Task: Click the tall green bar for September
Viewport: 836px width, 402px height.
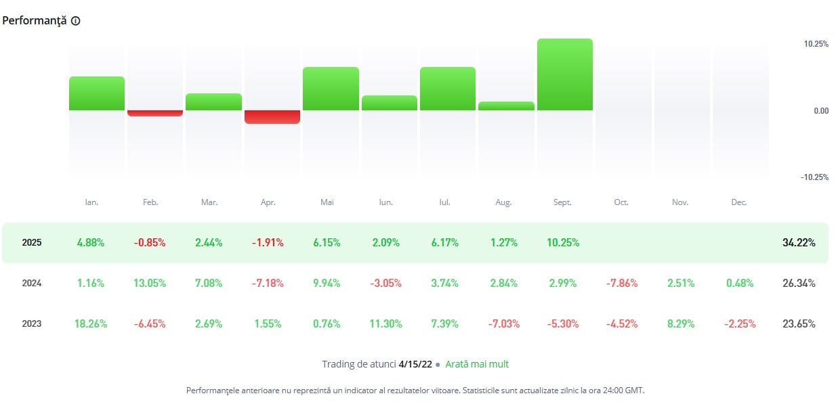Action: click(564, 74)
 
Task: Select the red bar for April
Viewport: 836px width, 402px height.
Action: click(272, 116)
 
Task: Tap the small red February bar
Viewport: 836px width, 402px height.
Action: click(155, 113)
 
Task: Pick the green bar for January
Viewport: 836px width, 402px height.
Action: click(97, 93)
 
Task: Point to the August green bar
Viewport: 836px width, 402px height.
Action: click(506, 106)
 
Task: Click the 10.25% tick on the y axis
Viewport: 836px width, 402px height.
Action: click(816, 44)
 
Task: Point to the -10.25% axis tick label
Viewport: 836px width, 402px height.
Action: click(815, 177)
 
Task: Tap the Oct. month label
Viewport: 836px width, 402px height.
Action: click(621, 202)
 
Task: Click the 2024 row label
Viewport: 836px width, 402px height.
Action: click(31, 284)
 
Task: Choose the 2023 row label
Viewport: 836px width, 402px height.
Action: click(31, 324)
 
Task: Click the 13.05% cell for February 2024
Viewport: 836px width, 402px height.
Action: click(150, 284)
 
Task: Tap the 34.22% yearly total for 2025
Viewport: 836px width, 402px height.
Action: click(799, 242)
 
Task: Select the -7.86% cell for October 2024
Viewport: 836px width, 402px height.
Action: click(621, 284)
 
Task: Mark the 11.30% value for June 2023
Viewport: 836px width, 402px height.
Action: click(385, 324)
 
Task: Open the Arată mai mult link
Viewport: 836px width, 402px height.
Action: click(477, 364)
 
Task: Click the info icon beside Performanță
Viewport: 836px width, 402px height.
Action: click(75, 21)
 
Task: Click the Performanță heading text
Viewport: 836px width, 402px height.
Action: click(34, 20)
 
